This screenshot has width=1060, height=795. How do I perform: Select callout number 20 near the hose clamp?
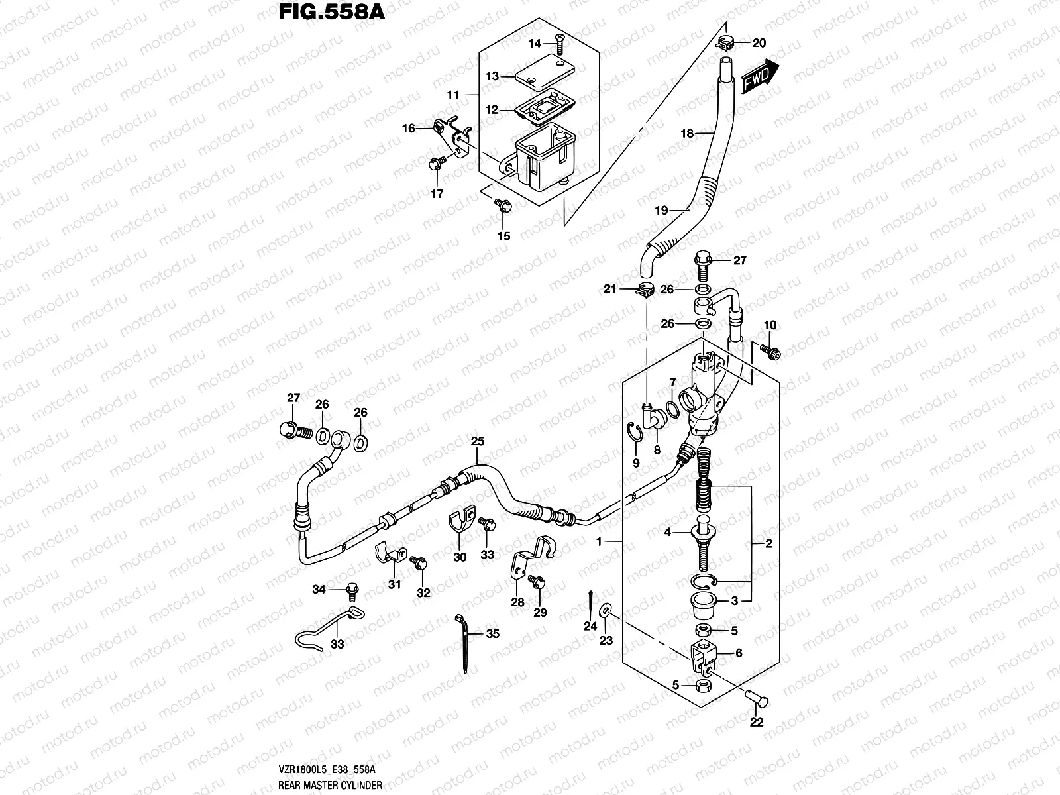[759, 43]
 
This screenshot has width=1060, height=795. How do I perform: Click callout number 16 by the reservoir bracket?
[409, 128]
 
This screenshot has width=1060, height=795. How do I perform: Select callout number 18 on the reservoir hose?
[687, 133]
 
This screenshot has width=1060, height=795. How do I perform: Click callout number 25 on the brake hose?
[478, 441]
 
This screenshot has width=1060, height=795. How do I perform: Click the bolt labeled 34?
[350, 588]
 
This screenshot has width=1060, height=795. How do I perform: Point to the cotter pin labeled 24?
[590, 601]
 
